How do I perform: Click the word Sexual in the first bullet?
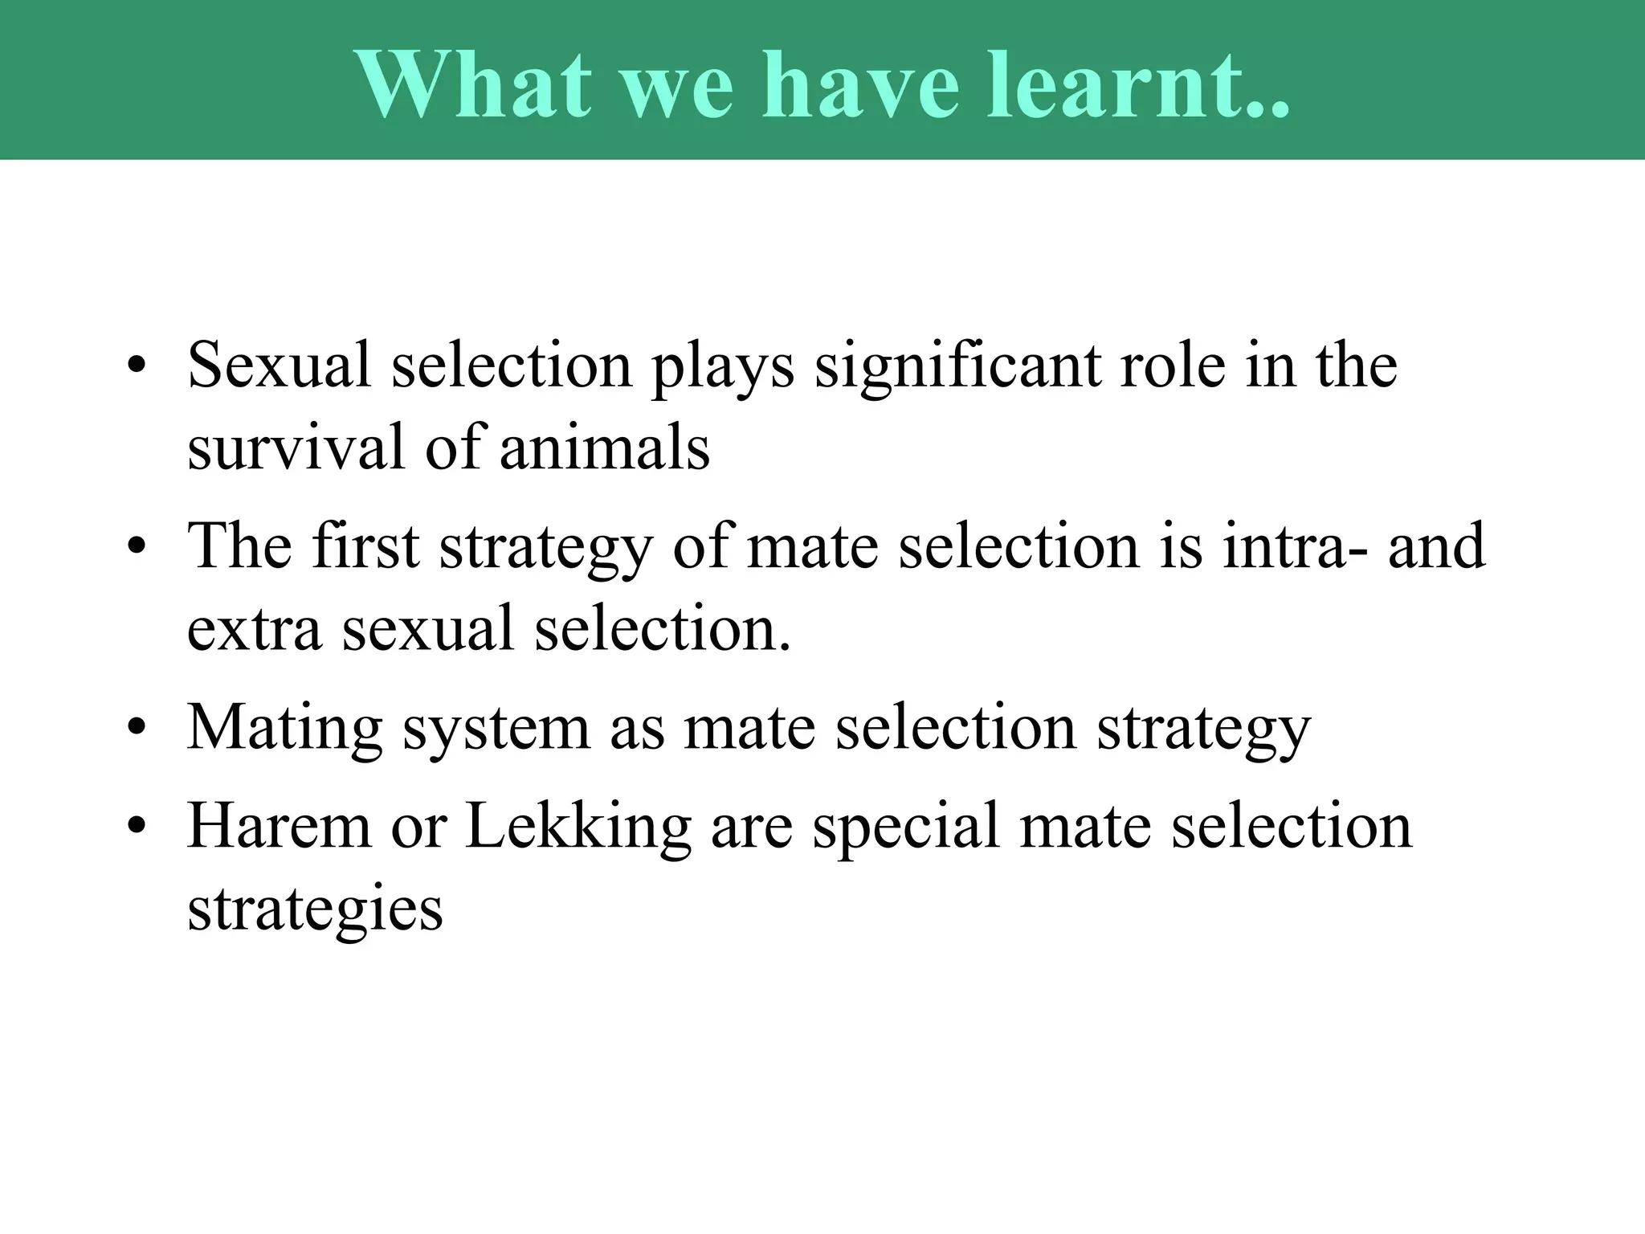point(280,366)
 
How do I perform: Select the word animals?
point(604,447)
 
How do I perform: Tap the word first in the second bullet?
point(366,546)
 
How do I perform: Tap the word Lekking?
point(578,827)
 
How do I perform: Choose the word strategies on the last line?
point(314,909)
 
